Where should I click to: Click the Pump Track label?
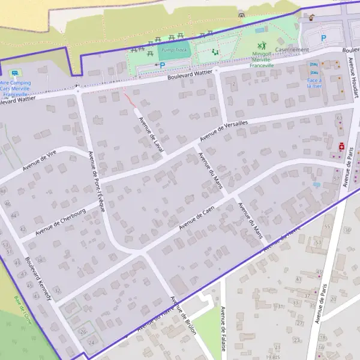[175, 51]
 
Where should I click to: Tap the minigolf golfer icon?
[262, 45]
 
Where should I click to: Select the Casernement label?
[292, 50]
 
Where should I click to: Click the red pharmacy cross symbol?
[342, 146]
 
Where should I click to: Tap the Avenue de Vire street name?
[43, 160]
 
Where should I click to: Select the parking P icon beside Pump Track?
[161, 65]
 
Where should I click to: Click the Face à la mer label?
[314, 83]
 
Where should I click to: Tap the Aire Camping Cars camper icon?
[14, 73]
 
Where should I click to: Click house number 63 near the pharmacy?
[339, 118]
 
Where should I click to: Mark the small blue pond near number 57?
[316, 185]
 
